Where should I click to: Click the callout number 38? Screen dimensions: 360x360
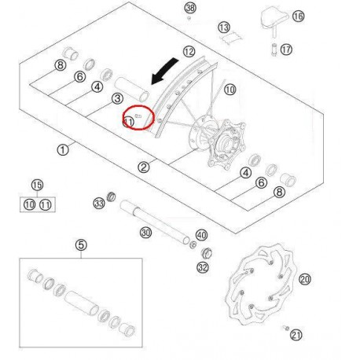[189, 8]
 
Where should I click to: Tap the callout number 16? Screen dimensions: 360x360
[275, 16]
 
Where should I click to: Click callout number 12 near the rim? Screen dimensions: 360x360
[189, 52]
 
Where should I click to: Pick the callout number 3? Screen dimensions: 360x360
[116, 98]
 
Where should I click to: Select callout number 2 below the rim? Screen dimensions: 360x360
[143, 167]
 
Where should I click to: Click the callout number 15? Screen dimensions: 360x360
[36, 186]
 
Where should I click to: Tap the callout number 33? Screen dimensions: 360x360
[98, 204]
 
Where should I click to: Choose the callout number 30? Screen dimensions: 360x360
[145, 232]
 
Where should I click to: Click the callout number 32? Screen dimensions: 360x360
[202, 268]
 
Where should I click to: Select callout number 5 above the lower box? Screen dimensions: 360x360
[80, 244]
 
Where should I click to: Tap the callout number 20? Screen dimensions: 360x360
[305, 278]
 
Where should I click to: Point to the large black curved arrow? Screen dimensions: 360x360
[170, 73]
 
